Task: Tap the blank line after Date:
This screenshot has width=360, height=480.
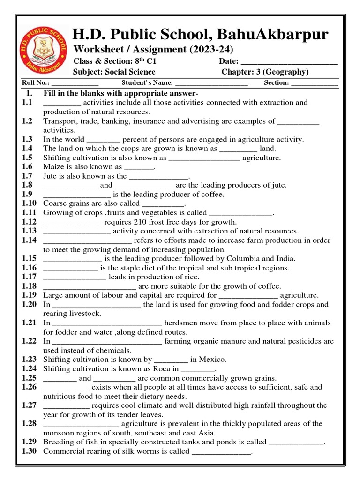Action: [289, 62]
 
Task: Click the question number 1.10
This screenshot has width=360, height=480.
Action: [29, 203]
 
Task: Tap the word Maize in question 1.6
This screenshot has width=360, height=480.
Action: [53, 167]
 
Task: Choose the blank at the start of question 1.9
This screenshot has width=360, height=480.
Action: [77, 194]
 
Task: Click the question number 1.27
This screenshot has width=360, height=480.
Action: [29, 405]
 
